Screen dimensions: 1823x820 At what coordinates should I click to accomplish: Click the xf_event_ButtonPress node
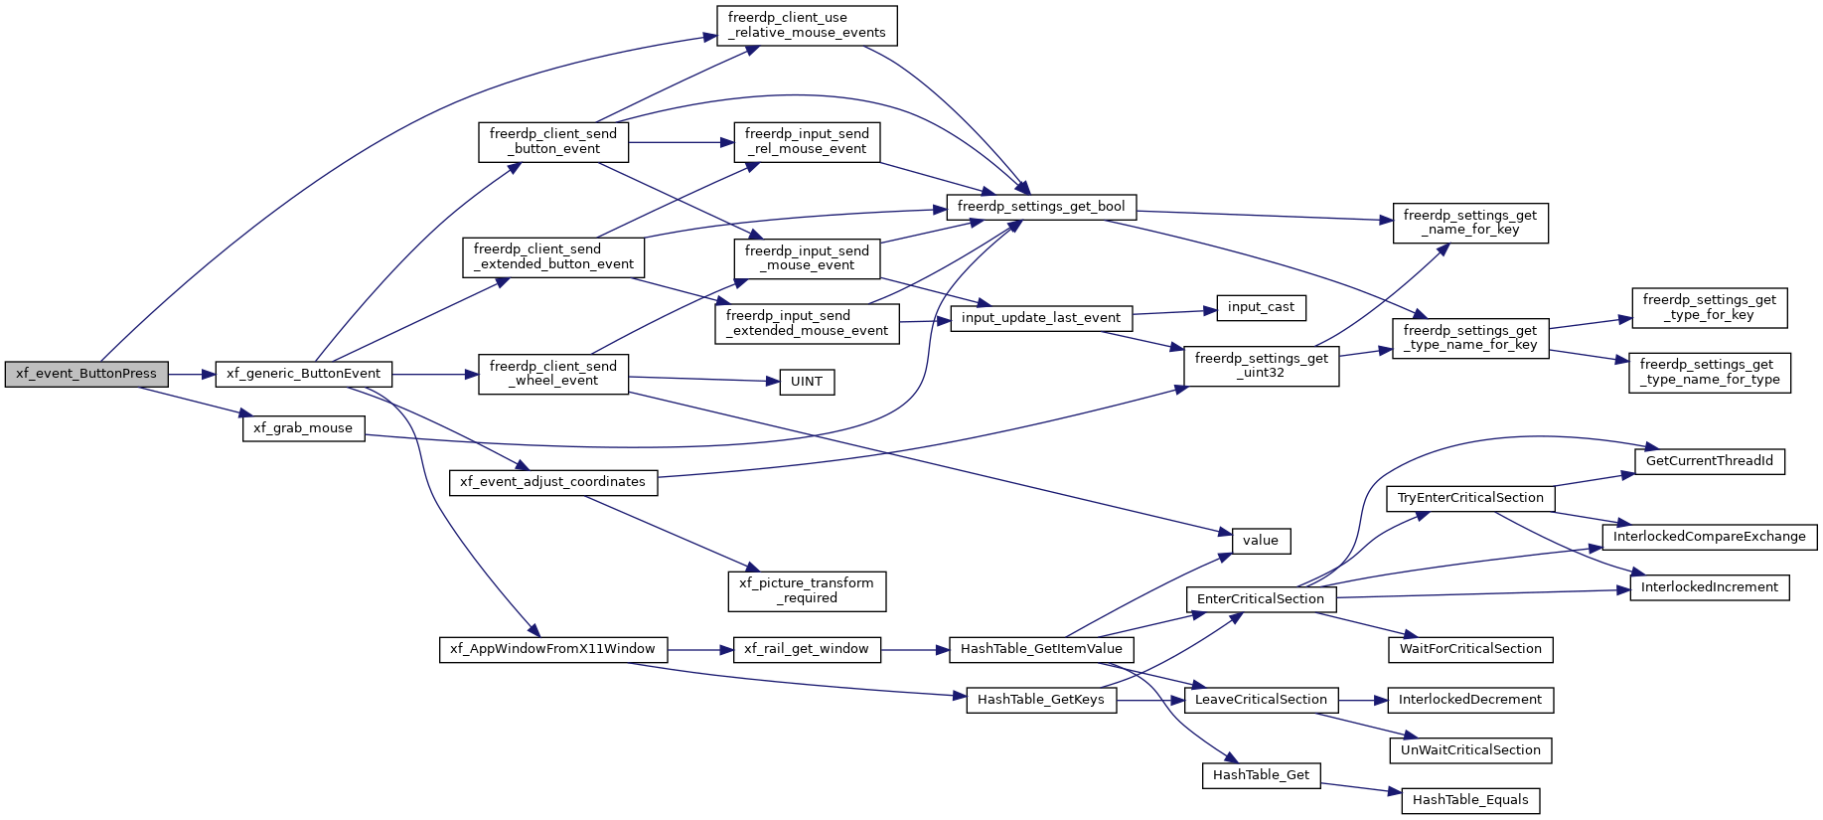tap(86, 374)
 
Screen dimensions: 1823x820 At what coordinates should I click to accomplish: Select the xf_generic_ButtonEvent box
tap(304, 374)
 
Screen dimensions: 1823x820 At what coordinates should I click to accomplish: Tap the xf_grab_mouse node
tap(303, 428)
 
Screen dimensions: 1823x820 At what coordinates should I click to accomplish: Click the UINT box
tap(807, 382)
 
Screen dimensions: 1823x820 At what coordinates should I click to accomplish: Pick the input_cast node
tap(1261, 307)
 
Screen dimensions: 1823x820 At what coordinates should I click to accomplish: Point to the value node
tap(1261, 541)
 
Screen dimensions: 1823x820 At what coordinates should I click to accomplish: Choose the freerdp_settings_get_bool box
tap(1041, 207)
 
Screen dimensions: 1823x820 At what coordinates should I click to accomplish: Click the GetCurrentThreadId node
tap(1710, 461)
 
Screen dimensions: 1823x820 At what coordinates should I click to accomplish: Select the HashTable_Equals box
tap(1470, 800)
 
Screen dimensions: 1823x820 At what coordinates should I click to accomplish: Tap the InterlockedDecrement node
tap(1470, 700)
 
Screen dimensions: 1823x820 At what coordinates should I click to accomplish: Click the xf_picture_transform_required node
tap(807, 590)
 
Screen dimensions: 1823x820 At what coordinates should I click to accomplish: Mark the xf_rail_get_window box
tap(807, 649)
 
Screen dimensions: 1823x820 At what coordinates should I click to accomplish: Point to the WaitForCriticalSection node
tap(1470, 649)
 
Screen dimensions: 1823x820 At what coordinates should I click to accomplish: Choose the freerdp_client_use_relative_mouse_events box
tap(807, 25)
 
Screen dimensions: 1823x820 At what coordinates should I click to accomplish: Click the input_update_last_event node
tap(1041, 318)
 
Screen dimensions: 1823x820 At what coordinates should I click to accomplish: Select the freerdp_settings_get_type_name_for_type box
tap(1710, 373)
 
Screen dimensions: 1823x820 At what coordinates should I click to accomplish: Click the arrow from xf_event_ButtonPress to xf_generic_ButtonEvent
tap(192, 375)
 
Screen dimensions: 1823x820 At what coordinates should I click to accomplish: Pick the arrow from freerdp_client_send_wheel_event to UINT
tap(704, 380)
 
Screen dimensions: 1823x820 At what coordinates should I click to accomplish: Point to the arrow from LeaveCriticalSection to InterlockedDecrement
tap(1363, 701)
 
